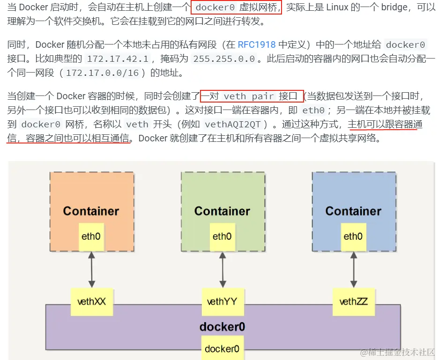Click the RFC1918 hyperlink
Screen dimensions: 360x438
[x=257, y=45]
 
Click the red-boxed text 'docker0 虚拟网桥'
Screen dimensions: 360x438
[x=237, y=7]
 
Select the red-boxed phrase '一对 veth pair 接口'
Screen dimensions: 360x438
[x=252, y=96]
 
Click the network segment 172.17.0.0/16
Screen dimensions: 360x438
[x=106, y=73]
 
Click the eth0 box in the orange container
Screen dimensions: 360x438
[x=91, y=236]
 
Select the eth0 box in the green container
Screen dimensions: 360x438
[x=222, y=236]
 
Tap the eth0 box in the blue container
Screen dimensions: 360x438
[x=353, y=236]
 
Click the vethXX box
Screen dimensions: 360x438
[x=91, y=301]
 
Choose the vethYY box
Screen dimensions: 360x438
[x=222, y=301]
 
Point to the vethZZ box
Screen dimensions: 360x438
[x=353, y=301]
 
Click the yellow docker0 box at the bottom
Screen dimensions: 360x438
[x=222, y=349]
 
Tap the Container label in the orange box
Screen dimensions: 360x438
[x=91, y=211]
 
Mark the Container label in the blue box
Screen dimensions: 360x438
[x=353, y=211]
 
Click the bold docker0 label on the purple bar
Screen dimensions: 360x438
[x=222, y=326]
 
